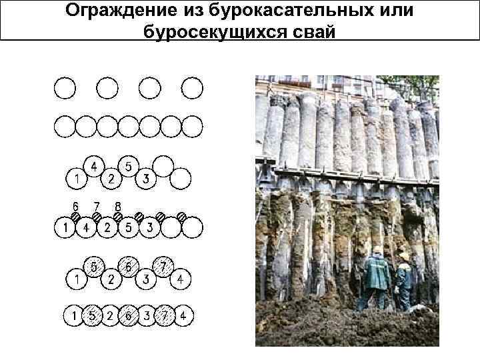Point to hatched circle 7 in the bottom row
point(163,314)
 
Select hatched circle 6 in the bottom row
point(128,314)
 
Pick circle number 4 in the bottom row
point(182,314)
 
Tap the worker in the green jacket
point(376,280)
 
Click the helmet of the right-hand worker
point(404,256)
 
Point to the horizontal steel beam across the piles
point(347,175)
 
